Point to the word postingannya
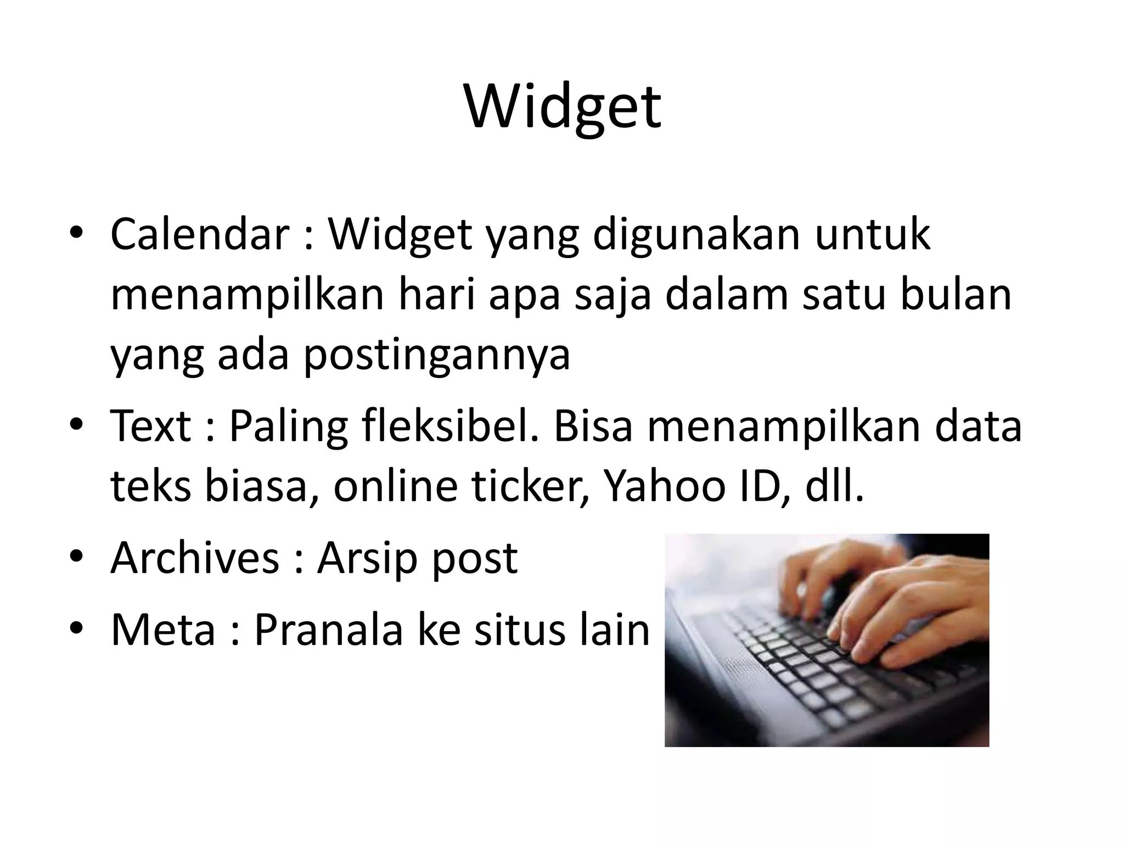(x=437, y=355)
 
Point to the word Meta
(x=163, y=629)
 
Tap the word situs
(x=519, y=629)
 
